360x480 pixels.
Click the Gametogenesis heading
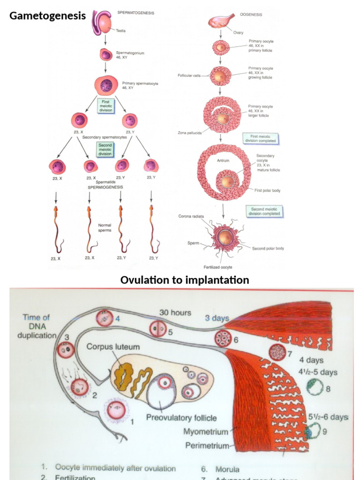47,16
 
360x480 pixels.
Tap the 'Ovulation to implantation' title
185,280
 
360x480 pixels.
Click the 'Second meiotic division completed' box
265,211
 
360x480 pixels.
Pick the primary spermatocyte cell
106,85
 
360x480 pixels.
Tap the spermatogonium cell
106,55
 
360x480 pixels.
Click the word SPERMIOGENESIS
105,187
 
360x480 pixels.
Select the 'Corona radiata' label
190,216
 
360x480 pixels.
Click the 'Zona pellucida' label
189,133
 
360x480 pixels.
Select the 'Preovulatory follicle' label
181,418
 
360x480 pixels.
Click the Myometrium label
206,432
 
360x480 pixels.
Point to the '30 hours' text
175,312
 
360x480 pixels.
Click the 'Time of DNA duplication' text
37,326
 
